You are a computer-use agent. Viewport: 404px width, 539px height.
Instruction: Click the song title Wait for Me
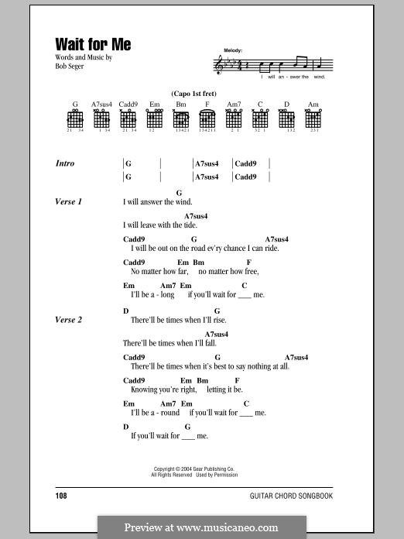[x=93, y=44]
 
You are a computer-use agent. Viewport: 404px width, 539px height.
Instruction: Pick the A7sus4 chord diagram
[x=101, y=118]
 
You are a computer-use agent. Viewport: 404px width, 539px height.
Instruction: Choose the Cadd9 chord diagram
[x=128, y=118]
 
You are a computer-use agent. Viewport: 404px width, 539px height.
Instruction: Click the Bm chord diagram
[x=181, y=118]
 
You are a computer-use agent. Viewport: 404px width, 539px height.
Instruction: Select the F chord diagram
[x=207, y=118]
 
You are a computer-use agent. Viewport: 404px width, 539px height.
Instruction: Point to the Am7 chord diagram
[x=234, y=118]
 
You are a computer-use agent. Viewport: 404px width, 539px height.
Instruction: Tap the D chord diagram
[x=286, y=118]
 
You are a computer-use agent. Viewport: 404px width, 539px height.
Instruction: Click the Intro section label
[x=65, y=163]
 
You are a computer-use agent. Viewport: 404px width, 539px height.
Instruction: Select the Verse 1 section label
[x=69, y=201]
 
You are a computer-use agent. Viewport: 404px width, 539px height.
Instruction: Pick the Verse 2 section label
[x=69, y=319]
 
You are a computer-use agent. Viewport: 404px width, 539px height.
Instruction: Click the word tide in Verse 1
[x=190, y=225]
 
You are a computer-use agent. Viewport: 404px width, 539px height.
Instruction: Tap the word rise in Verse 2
[x=204, y=319]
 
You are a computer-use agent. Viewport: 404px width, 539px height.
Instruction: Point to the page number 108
[x=62, y=494]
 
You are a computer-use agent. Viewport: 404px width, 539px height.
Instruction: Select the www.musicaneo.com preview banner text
[x=201, y=527]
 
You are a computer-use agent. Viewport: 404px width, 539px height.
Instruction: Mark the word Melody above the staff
[x=232, y=50]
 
